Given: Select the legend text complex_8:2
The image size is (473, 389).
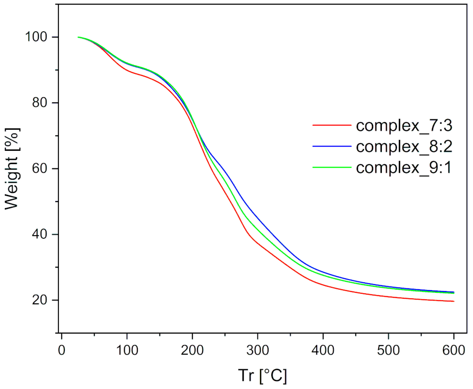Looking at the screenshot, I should pos(404,147).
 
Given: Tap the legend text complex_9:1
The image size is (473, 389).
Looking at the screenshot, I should pos(403,168).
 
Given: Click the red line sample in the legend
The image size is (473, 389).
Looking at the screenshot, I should pos(332,125).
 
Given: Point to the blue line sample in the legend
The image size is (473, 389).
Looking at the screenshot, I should pos(332,146).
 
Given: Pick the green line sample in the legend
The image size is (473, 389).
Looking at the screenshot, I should pos(332,167).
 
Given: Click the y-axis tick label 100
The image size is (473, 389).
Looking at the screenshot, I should pos(36,37).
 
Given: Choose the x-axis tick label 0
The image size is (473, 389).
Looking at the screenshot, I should pos(61,350).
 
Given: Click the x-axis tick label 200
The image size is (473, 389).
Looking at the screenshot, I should pos(192,350).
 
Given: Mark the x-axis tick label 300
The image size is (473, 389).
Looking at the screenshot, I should pos(258,350).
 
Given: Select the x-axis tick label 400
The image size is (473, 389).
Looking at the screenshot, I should pos(323,350).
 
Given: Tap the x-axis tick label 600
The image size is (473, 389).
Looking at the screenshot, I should pos(453,350).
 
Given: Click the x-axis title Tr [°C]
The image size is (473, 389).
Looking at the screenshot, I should pos(262,375).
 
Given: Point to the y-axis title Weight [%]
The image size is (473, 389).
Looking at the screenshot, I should pos(12,169).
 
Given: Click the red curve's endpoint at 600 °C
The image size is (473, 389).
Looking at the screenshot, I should pos(454,301).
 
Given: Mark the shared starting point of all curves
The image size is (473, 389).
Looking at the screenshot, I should pos(78,37).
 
